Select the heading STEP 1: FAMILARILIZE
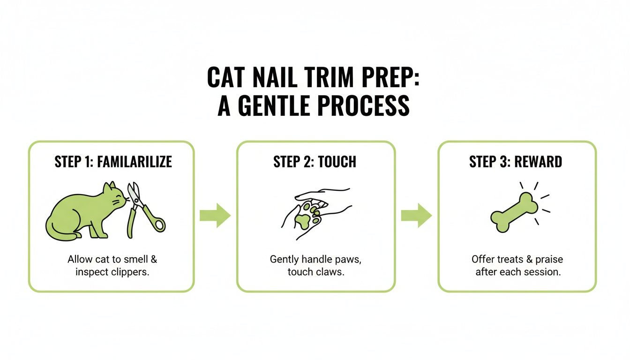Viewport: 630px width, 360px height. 113,162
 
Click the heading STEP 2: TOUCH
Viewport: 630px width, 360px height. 315,162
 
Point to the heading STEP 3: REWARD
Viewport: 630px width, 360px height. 516,162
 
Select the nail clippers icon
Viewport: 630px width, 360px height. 143,209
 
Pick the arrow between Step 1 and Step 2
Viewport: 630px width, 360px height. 215,216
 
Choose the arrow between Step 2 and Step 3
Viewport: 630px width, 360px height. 416,216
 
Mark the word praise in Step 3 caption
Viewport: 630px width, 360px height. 548,259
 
